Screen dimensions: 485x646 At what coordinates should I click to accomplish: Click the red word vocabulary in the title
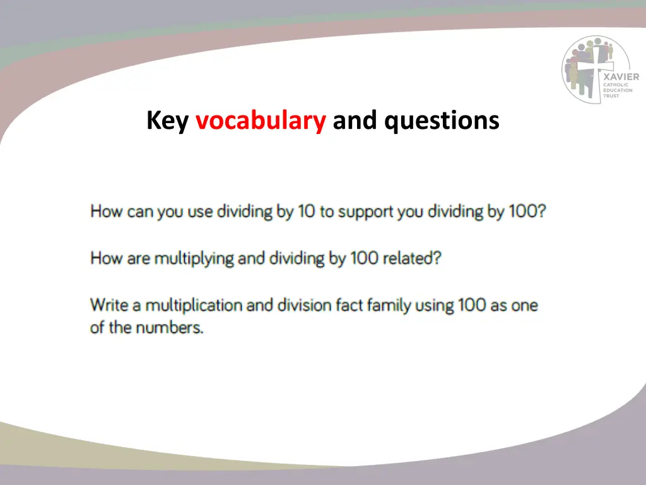(261, 120)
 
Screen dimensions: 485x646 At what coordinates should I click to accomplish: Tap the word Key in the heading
(167, 120)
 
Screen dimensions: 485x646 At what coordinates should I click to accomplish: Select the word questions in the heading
(442, 120)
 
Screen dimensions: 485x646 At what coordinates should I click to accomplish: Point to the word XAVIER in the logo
(621, 77)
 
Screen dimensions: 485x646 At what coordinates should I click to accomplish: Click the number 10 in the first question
(307, 211)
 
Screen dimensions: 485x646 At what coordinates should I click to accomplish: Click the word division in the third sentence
(306, 305)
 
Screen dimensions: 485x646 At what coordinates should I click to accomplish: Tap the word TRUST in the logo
(611, 96)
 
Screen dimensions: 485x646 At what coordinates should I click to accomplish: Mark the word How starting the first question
(106, 211)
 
